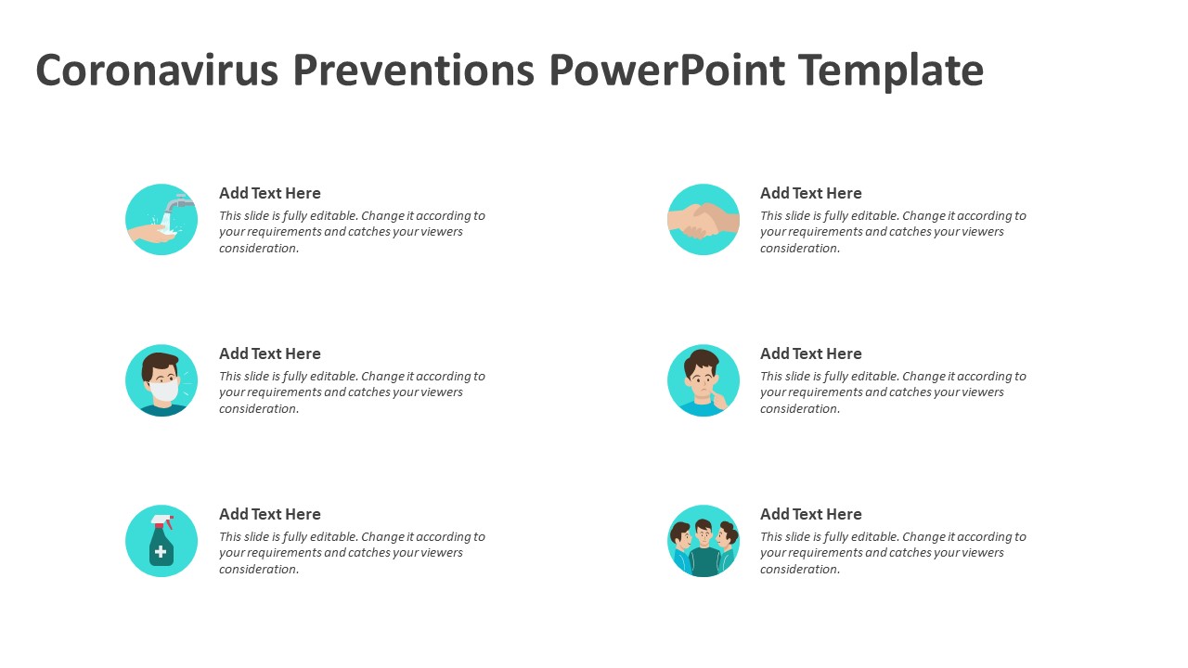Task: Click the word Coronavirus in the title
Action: (x=157, y=70)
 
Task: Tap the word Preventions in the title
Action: (x=414, y=70)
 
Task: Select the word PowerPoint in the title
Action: (x=666, y=70)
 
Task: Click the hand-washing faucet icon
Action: (x=161, y=220)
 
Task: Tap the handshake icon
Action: (x=704, y=220)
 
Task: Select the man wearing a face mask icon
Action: (x=161, y=380)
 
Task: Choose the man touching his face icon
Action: (x=704, y=380)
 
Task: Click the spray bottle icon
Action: (x=161, y=541)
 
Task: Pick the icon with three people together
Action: (x=704, y=541)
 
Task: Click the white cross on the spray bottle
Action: (x=161, y=552)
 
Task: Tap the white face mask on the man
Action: (x=164, y=392)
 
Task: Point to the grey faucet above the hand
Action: (x=178, y=203)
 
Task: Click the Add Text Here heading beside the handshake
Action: (x=810, y=193)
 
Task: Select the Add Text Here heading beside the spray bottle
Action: (x=269, y=514)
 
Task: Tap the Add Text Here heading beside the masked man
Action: (x=269, y=353)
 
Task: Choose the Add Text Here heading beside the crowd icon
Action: (x=810, y=514)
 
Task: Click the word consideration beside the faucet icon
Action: (x=259, y=248)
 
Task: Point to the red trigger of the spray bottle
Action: (x=170, y=524)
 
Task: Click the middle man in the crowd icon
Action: (x=704, y=548)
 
